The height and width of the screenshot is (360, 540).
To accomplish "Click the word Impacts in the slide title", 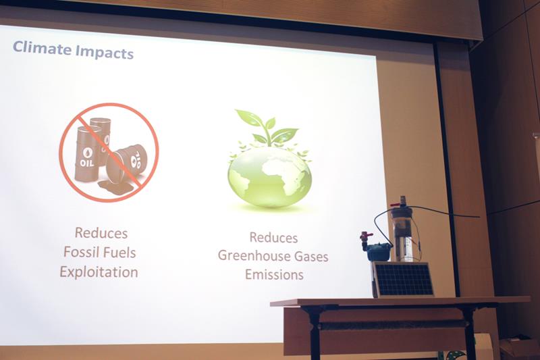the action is [x=104, y=53].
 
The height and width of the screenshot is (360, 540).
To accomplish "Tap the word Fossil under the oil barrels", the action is [x=79, y=252].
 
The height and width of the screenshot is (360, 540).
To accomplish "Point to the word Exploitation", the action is [x=99, y=272].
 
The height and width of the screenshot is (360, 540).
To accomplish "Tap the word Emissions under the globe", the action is [x=274, y=275].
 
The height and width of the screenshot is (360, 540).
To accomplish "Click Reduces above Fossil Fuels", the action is [x=101, y=233].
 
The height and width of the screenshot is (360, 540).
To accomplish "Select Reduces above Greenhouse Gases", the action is [x=273, y=237].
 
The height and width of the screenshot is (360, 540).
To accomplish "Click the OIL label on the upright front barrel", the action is [x=87, y=162].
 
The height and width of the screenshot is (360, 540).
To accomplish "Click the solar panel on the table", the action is [x=403, y=279].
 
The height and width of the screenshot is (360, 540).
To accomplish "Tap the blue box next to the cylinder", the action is [x=379, y=251].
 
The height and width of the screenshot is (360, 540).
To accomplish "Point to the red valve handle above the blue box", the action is [x=366, y=235].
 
